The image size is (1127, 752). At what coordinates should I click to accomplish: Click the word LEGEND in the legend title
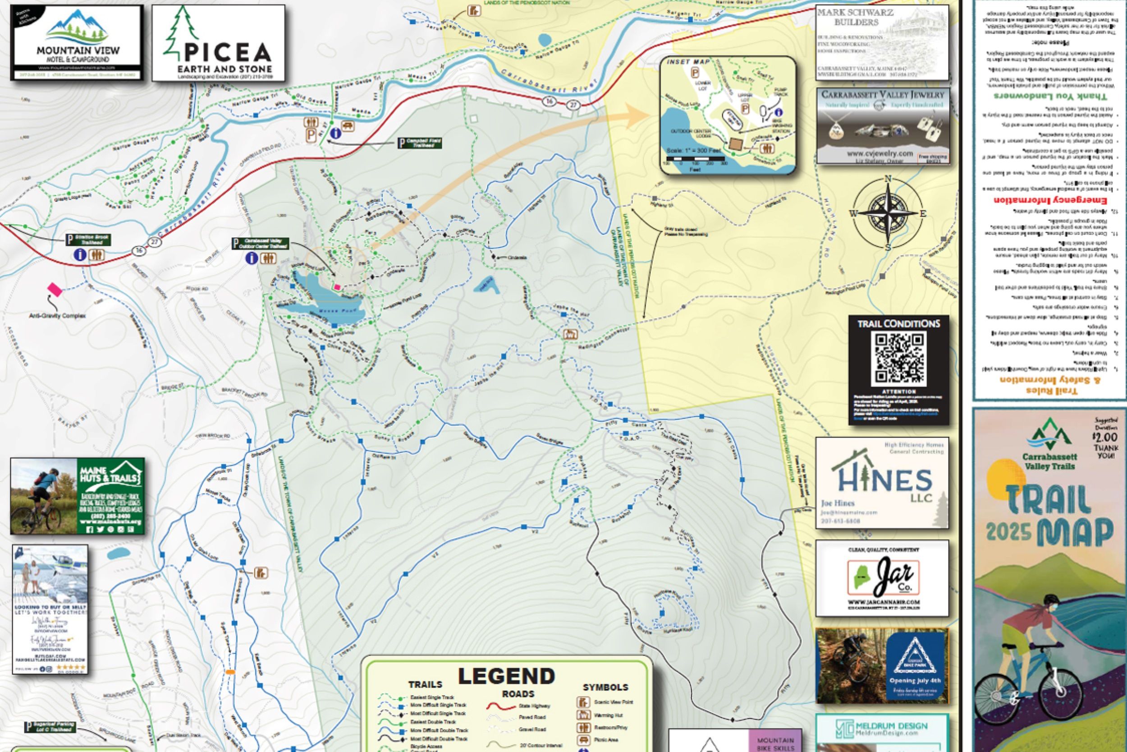[507, 676]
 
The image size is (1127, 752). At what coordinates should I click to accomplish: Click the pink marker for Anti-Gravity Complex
[55, 289]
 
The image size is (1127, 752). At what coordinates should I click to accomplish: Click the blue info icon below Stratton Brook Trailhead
[79, 255]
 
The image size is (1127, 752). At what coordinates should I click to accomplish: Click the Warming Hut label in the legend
[609, 715]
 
